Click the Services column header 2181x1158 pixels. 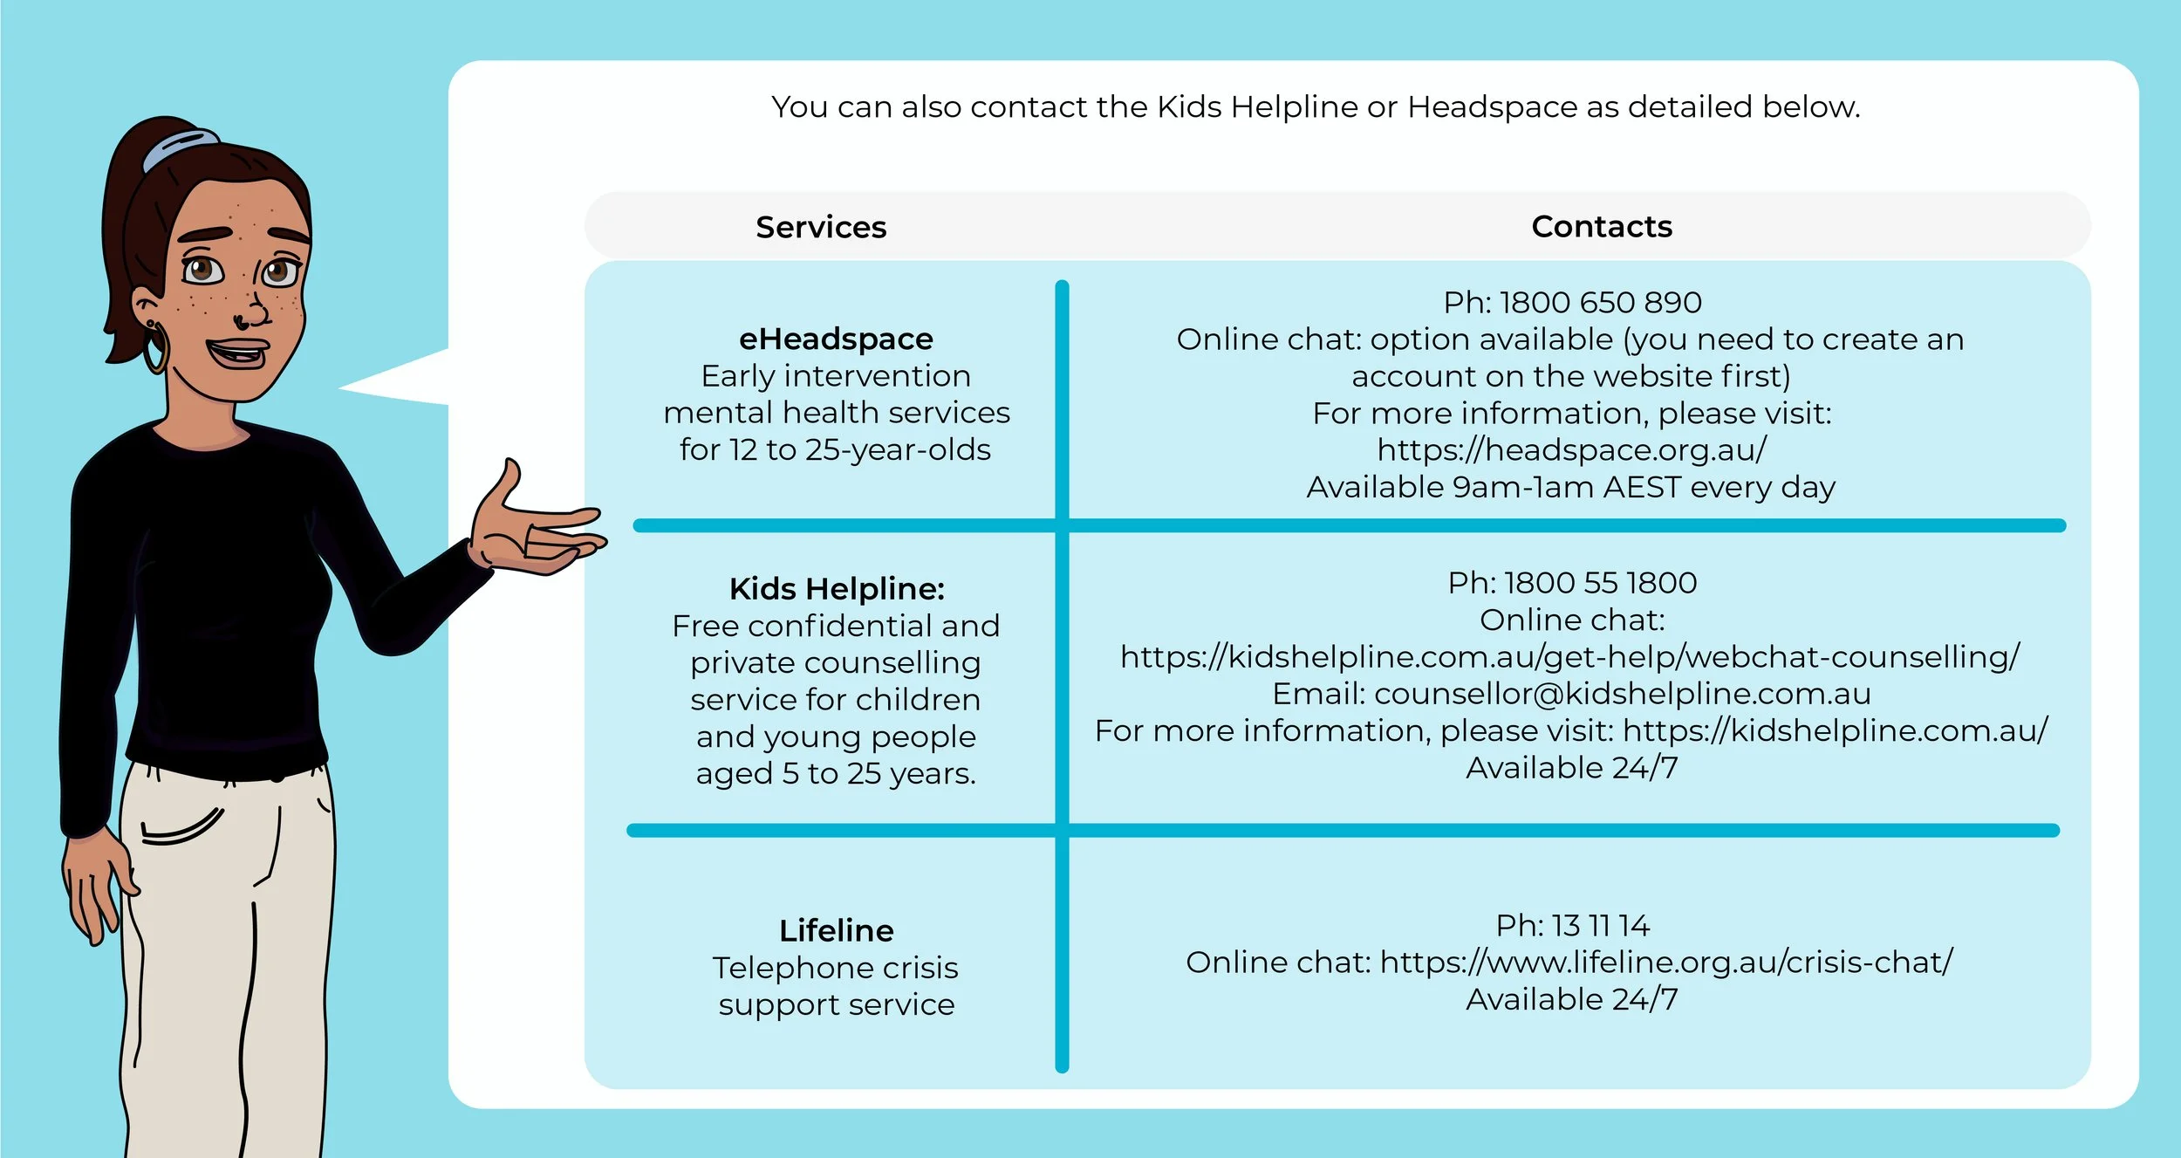click(x=821, y=227)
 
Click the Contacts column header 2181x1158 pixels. click(x=1602, y=227)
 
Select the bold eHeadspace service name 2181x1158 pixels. click(x=836, y=339)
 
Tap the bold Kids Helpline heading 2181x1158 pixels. click(x=837, y=589)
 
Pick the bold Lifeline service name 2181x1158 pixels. click(x=836, y=930)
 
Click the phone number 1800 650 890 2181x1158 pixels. click(x=1600, y=303)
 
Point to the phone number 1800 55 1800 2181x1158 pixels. click(x=1600, y=583)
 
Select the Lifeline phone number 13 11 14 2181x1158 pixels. click(x=1600, y=925)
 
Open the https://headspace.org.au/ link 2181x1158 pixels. click(x=1572, y=449)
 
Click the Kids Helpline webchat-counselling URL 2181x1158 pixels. click(x=1570, y=656)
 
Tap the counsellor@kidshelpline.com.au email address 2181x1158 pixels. click(x=1622, y=694)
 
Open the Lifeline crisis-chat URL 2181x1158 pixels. click(x=1666, y=962)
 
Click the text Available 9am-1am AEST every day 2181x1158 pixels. click(x=1570, y=487)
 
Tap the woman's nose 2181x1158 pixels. click(x=255, y=310)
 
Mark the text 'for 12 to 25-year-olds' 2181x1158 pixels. click(x=835, y=449)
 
